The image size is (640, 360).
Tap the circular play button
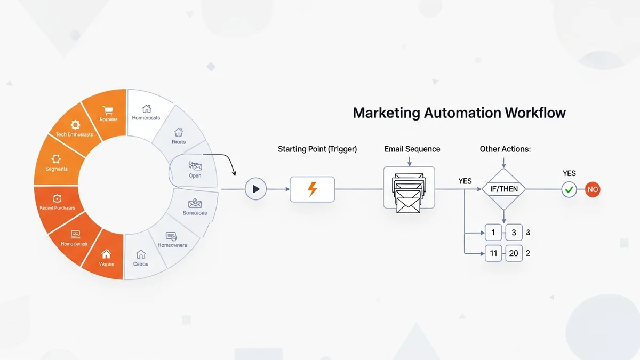255,189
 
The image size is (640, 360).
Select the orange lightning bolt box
312,189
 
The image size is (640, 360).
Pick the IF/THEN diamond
503,189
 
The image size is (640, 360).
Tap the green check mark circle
569,189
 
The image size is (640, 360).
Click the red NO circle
593,189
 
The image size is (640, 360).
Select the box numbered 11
493,253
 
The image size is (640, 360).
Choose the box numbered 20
514,253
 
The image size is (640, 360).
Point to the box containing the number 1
493,233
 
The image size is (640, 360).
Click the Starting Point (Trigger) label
317,149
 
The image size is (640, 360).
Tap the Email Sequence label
412,149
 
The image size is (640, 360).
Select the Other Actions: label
505,149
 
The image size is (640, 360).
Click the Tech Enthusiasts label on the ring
74,134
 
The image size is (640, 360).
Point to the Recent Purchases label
57,207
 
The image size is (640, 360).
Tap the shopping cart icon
108,110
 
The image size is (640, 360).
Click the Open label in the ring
195,175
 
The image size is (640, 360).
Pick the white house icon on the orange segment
106,254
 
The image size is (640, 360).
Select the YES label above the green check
569,173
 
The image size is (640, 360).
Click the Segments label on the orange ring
57,169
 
